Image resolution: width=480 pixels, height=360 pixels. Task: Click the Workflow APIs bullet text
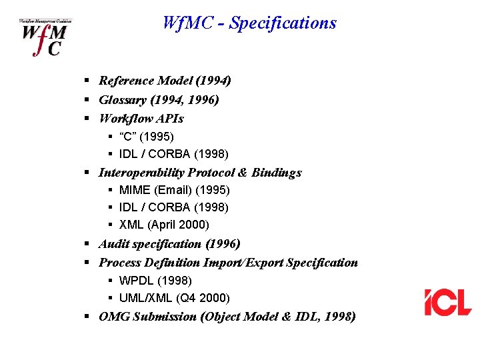tap(141, 119)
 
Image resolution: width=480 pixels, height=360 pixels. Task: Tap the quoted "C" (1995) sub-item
tap(147, 137)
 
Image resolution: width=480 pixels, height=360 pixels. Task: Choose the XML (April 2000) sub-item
tap(164, 225)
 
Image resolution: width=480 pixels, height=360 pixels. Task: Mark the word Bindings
tap(277, 173)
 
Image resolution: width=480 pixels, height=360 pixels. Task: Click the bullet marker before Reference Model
tap(87, 81)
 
